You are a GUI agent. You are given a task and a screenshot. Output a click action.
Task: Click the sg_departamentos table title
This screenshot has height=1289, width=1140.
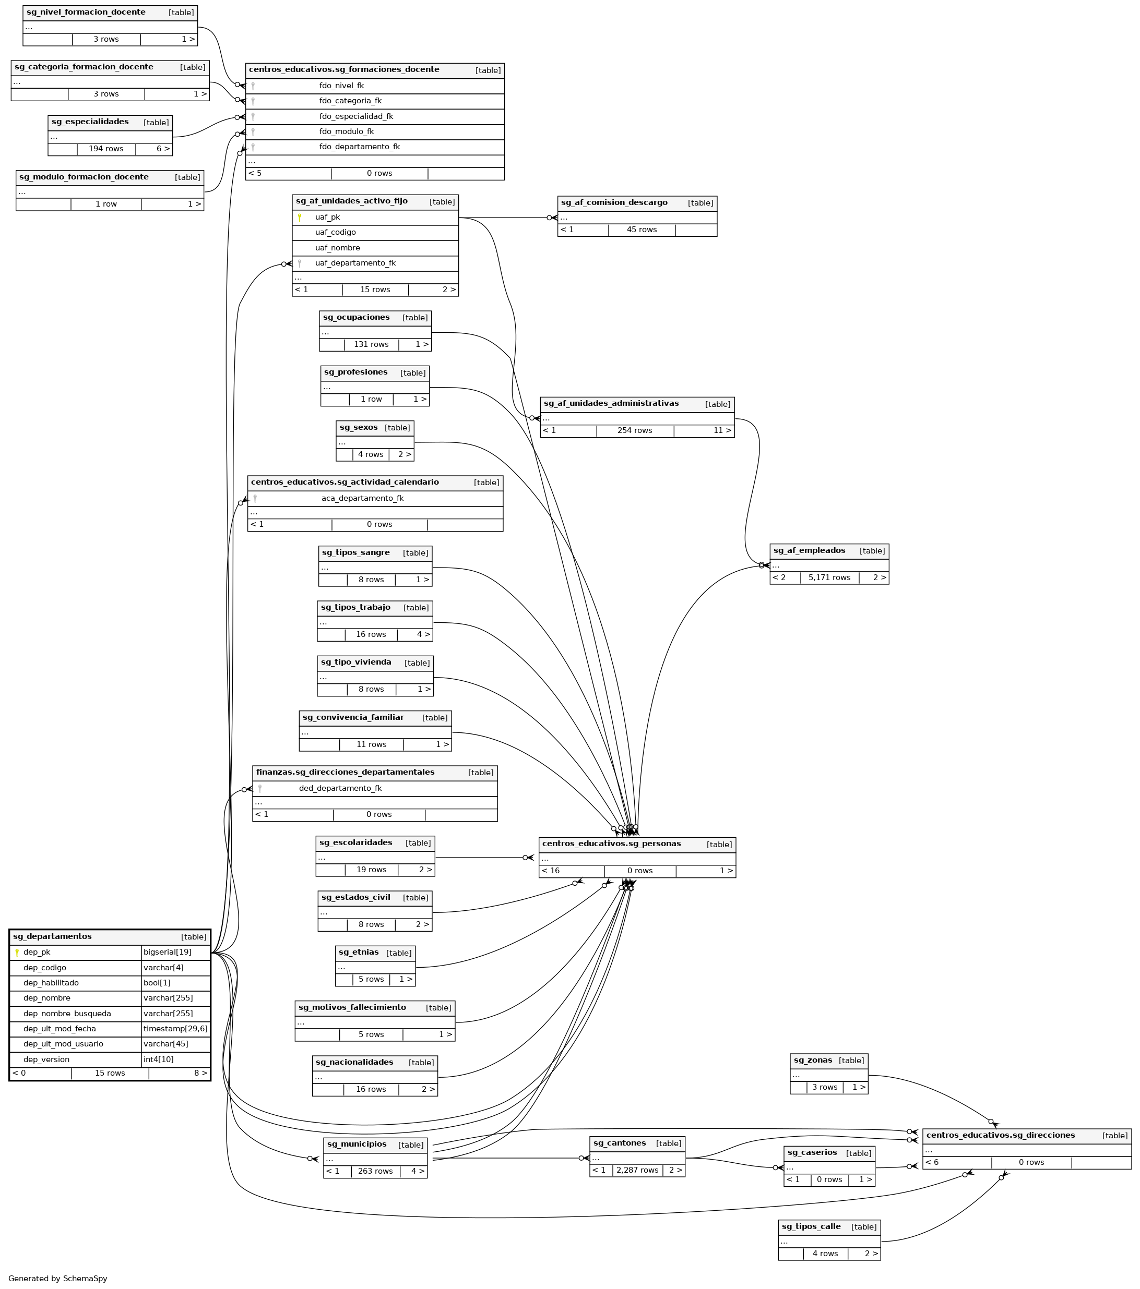pyautogui.click(x=52, y=936)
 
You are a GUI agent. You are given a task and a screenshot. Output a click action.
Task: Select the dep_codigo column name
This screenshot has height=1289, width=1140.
pyautogui.click(x=45, y=967)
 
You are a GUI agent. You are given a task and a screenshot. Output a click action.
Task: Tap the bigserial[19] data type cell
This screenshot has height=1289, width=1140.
pyautogui.click(x=167, y=952)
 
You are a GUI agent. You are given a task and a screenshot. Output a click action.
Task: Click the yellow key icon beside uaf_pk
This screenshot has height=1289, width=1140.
pyautogui.click(x=300, y=218)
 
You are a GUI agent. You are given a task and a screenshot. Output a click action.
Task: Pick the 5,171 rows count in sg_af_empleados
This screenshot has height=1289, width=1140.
pyautogui.click(x=829, y=577)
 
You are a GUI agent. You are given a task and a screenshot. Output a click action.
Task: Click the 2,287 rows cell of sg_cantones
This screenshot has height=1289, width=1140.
pyautogui.click(x=637, y=1171)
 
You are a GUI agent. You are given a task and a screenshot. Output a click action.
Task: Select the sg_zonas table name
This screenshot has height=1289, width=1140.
pyautogui.click(x=813, y=1060)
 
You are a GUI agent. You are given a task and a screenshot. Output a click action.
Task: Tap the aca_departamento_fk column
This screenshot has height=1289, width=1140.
pyautogui.click(x=362, y=498)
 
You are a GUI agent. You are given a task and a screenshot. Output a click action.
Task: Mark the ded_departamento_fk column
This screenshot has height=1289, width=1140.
pyautogui.click(x=340, y=788)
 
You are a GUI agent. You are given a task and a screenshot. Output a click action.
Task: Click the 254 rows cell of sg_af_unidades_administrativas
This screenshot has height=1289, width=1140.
pyautogui.click(x=635, y=431)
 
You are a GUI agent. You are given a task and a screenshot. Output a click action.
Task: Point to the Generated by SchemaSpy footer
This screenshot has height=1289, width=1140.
pyautogui.click(x=58, y=1278)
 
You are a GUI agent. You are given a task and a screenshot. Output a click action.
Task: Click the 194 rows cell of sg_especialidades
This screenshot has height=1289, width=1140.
pyautogui.click(x=106, y=149)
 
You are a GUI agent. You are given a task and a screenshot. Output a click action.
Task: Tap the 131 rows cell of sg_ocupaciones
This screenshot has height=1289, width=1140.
pyautogui.click(x=371, y=344)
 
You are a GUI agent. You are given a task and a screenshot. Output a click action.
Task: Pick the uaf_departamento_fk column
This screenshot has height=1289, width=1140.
pyautogui.click(x=355, y=263)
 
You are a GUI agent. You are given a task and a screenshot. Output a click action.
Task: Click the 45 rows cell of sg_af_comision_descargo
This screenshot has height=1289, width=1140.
pyautogui.click(x=642, y=230)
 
